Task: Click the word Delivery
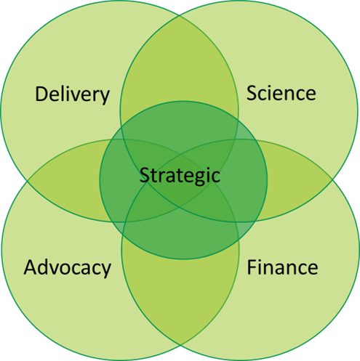coord(73,94)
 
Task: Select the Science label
coord(281,93)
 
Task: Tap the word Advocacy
coord(68,268)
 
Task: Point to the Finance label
coord(282,267)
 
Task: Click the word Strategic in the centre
coord(180,176)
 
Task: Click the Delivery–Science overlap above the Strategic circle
coord(180,60)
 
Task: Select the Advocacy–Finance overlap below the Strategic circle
coord(180,291)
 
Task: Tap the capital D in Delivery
coord(41,94)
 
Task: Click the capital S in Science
coord(252,93)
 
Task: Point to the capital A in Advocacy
coord(31,267)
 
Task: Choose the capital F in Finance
coord(252,267)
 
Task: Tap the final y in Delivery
coord(105,97)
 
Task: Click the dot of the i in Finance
coord(260,260)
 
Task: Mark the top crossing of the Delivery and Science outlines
coord(180,15)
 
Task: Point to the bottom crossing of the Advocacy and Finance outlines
coord(180,345)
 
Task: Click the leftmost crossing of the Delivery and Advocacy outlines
coord(28,181)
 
